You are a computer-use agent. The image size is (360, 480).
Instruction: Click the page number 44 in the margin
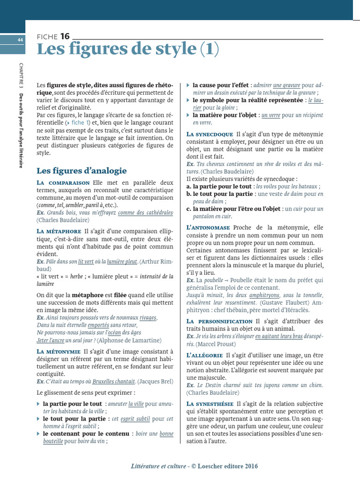(20, 40)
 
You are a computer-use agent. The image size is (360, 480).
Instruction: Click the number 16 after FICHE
(65, 36)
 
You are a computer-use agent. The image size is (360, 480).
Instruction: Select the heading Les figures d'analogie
(82, 171)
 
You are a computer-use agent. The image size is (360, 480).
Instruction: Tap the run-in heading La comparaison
(63, 182)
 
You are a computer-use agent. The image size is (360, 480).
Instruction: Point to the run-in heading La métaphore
(59, 231)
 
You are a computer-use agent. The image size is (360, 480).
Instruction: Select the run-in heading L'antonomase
(208, 227)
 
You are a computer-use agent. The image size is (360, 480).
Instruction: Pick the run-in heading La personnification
(219, 321)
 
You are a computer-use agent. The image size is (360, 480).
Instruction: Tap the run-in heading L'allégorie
(204, 355)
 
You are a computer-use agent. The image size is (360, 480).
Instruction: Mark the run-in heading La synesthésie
(210, 404)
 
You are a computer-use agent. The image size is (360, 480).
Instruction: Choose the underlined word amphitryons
(264, 295)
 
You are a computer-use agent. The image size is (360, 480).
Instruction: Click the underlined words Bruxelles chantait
(114, 382)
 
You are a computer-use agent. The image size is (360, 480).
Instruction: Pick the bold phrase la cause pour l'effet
(220, 85)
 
